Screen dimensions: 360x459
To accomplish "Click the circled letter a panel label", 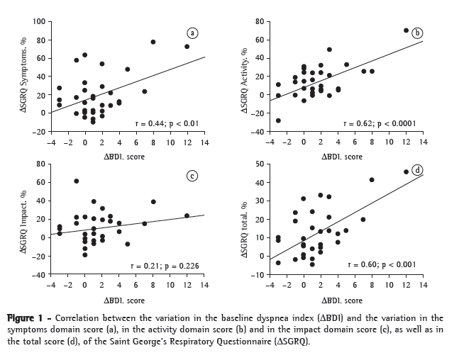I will click(192, 33).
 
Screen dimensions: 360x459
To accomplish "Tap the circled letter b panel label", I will click(417, 33).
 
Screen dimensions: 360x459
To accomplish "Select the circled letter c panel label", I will click(192, 176).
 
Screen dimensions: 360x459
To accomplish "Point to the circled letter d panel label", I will click(417, 169).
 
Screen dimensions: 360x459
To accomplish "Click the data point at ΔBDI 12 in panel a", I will click(187, 47).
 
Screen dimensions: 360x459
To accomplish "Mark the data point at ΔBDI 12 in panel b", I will click(406, 30).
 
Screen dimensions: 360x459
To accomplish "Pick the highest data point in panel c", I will click(76, 181).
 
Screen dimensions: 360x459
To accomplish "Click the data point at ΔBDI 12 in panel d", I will click(406, 171).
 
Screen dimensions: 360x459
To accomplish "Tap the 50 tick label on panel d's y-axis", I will click(260, 164).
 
